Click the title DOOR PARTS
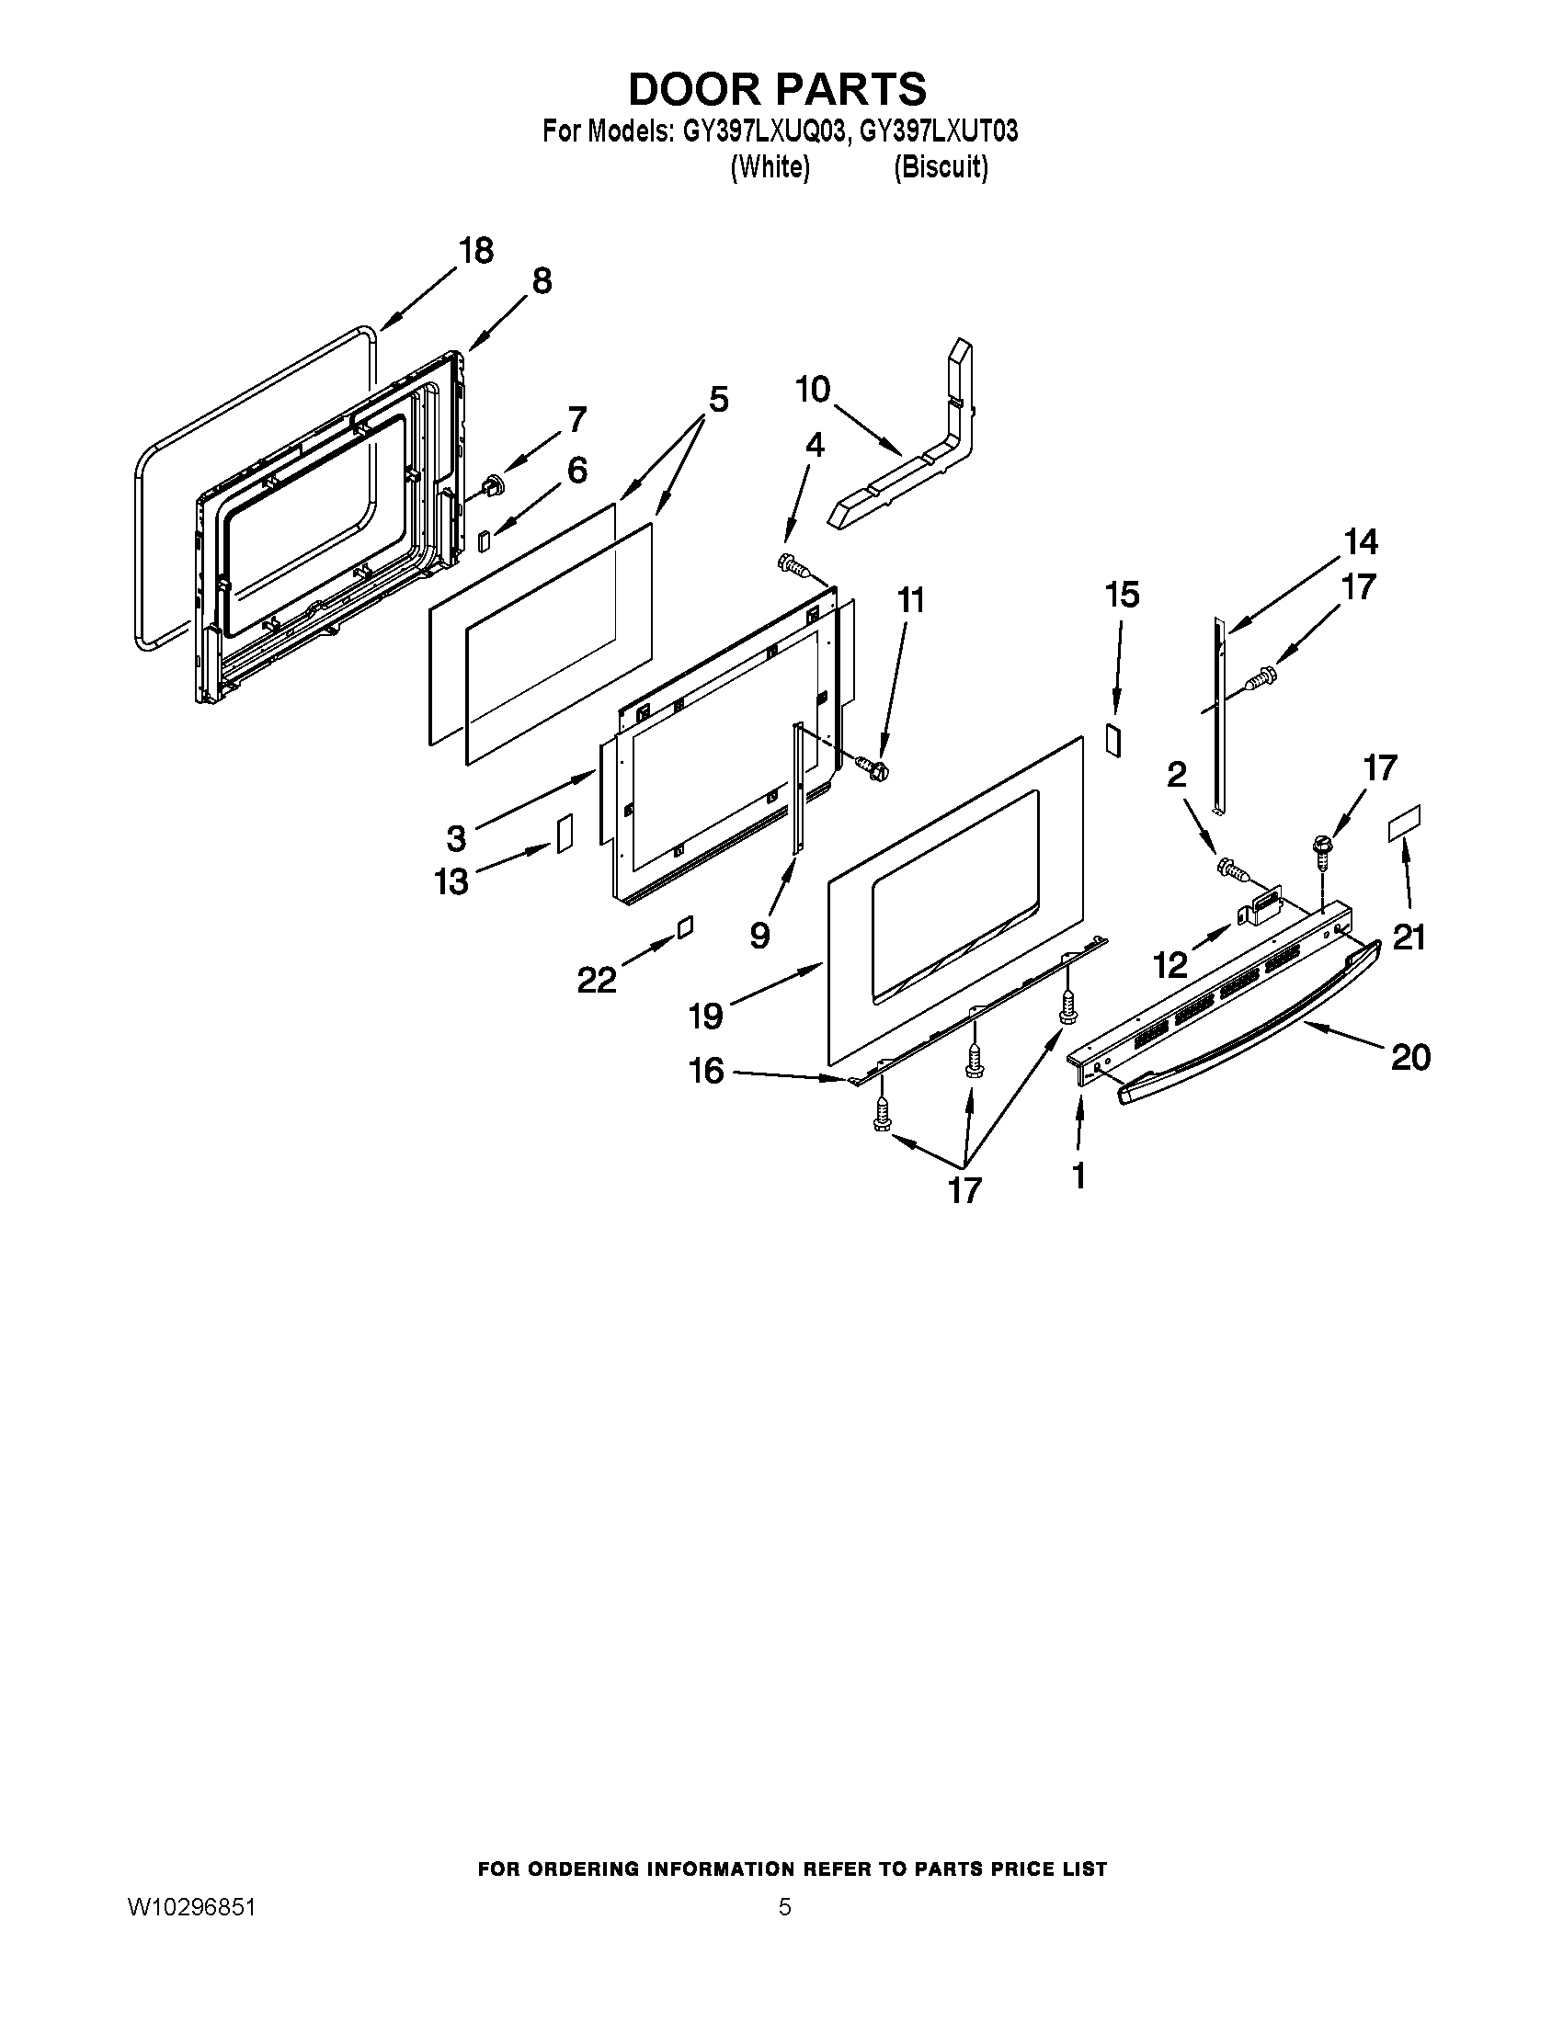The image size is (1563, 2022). [777, 89]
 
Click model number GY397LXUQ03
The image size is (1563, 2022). [764, 132]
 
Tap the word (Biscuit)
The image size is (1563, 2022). [941, 167]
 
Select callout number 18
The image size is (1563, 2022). [476, 251]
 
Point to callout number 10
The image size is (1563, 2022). [813, 390]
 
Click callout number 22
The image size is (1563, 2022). [597, 979]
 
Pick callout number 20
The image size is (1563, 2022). [1410, 1056]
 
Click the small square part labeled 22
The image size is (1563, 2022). [684, 926]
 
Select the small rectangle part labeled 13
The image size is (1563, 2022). [564, 833]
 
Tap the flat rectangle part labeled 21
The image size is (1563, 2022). [1404, 823]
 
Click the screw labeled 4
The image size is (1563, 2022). [792, 563]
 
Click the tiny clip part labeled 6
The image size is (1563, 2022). [483, 540]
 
